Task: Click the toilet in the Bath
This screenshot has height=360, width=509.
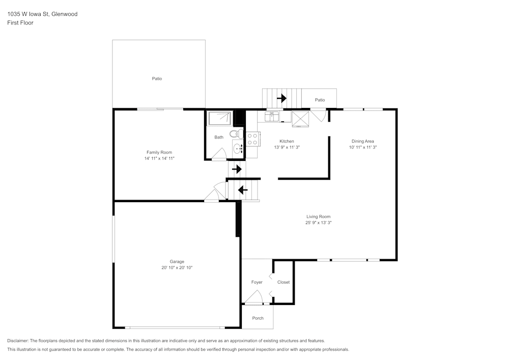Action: pyautogui.click(x=235, y=134)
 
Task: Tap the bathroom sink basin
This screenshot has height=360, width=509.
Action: pyautogui.click(x=238, y=149)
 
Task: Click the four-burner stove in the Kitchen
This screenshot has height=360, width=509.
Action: pyautogui.click(x=252, y=139)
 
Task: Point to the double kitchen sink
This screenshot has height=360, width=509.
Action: pyautogui.click(x=272, y=117)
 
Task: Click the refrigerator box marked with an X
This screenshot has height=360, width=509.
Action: pyautogui.click(x=301, y=119)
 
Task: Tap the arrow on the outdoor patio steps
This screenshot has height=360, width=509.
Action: pyautogui.click(x=281, y=98)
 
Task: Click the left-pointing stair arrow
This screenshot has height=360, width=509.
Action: pyautogui.click(x=243, y=190)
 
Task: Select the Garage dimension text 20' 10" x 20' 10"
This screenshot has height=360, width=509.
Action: pyautogui.click(x=177, y=267)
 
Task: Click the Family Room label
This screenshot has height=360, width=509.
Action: pyautogui.click(x=159, y=152)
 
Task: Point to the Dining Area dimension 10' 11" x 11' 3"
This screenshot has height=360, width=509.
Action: pyautogui.click(x=362, y=147)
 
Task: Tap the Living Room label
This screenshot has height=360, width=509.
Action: pyautogui.click(x=319, y=216)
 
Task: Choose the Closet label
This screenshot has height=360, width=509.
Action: pyautogui.click(x=284, y=282)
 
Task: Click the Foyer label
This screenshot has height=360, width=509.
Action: pyautogui.click(x=257, y=282)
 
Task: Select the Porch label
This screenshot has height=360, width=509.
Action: pyautogui.click(x=258, y=318)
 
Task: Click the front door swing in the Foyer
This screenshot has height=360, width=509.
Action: pyautogui.click(x=253, y=297)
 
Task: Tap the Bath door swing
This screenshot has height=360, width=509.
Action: pyautogui.click(x=219, y=154)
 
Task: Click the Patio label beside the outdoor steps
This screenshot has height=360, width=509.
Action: pyautogui.click(x=320, y=100)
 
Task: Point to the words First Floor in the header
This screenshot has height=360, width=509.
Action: pyautogui.click(x=20, y=23)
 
